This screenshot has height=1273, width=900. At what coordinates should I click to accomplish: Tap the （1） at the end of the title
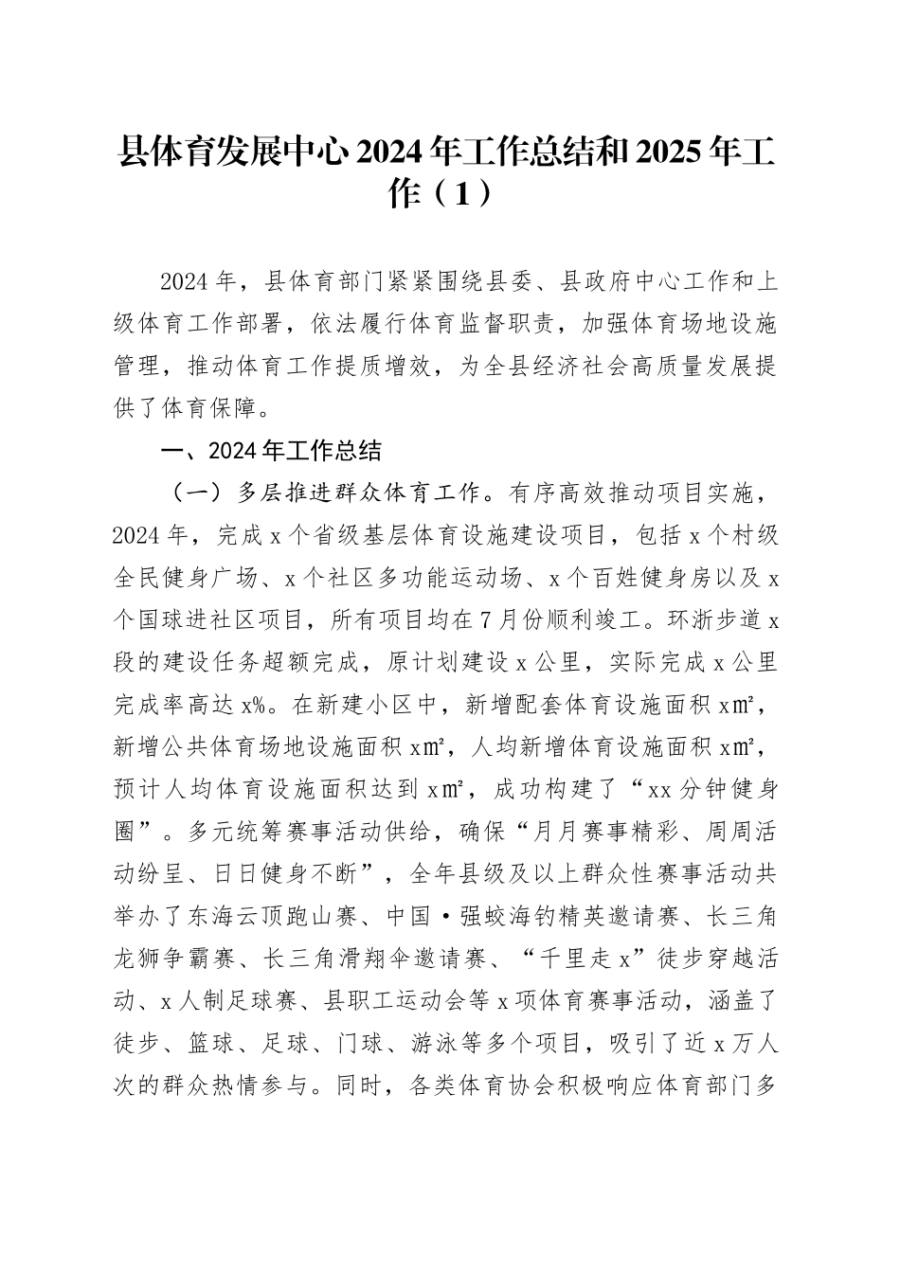tap(458, 194)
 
